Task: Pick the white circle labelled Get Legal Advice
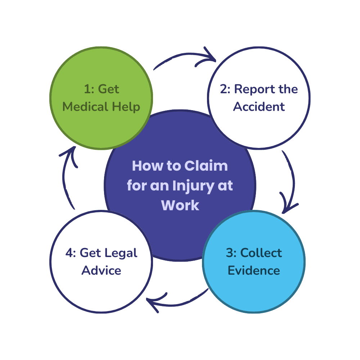point(101,288)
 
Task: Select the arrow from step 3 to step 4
point(176,302)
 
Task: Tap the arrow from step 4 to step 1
point(68,176)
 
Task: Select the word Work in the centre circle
point(180,205)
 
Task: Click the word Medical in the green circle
point(85,107)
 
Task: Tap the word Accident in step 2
point(259,107)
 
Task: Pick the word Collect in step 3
point(261,253)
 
